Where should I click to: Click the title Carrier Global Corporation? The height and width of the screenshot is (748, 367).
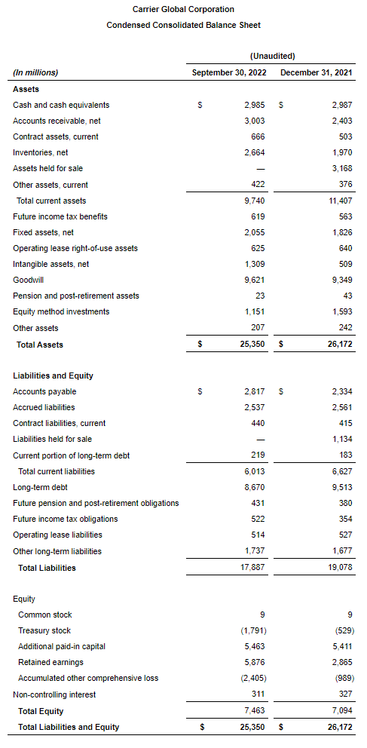click(183, 10)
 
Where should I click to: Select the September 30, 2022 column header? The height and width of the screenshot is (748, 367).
click(230, 72)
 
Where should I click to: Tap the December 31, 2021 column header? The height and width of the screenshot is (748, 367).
click(317, 72)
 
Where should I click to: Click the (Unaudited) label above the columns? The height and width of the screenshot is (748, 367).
click(272, 56)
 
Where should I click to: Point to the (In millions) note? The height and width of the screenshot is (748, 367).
click(35, 72)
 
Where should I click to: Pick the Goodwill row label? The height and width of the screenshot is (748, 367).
click(29, 280)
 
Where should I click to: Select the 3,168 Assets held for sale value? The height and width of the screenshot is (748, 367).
click(341, 168)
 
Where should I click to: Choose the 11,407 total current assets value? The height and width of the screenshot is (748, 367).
click(339, 201)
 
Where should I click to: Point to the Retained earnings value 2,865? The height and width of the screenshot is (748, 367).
click(341, 662)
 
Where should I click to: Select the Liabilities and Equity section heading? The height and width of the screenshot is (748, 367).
click(53, 376)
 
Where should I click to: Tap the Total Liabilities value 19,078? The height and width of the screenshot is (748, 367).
click(339, 568)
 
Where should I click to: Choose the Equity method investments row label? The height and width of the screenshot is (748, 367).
click(61, 311)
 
